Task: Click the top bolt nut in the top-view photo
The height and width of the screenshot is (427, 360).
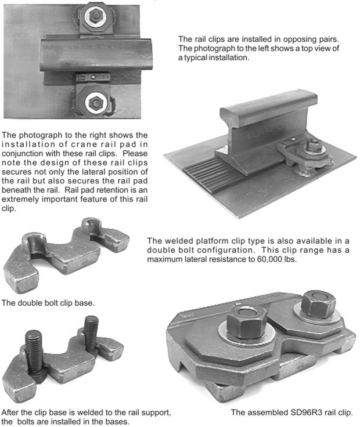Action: point(96,15)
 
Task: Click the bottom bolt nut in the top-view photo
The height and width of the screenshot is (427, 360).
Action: point(96,102)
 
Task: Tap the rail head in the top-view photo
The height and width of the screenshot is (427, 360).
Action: point(96,55)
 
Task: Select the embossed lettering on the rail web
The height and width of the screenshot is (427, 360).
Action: point(265,132)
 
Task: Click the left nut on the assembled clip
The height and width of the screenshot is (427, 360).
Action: point(246,322)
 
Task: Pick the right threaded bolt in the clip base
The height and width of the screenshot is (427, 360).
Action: point(91,334)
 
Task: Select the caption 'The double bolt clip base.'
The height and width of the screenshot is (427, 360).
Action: point(48,303)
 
